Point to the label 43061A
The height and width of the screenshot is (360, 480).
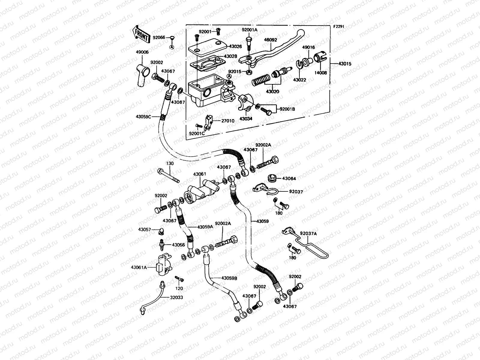139,267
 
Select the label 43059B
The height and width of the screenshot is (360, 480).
229,278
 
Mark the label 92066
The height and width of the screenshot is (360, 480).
159,37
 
